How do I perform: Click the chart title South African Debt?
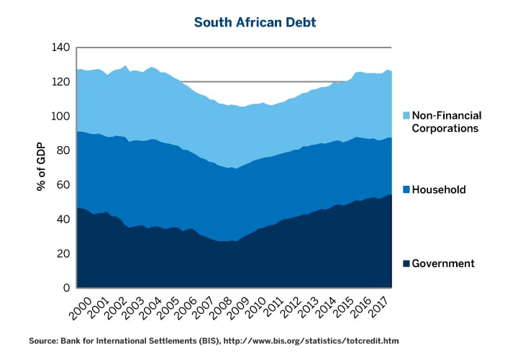[255, 22]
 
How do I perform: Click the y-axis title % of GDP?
[41, 167]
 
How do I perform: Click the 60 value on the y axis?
[63, 185]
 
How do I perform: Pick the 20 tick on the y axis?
[63, 253]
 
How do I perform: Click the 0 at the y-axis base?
[66, 288]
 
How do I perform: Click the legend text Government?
[443, 264]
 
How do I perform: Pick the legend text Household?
[439, 190]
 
